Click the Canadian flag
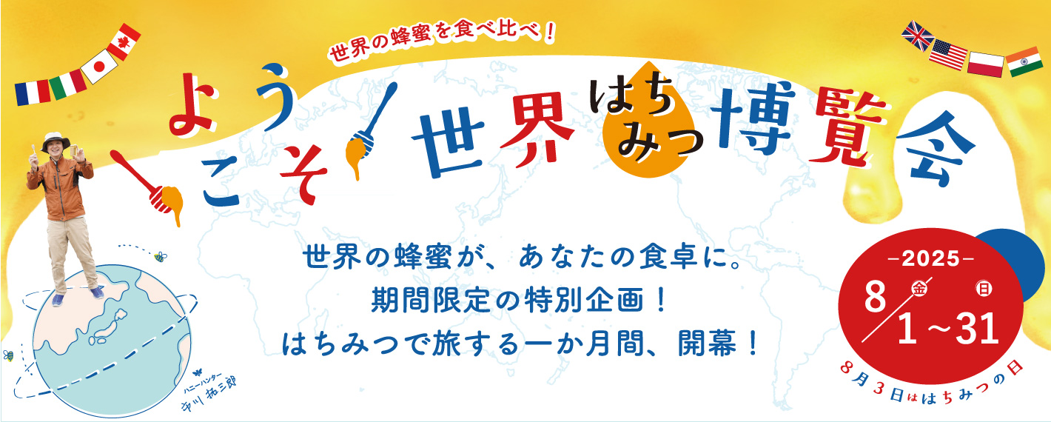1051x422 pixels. point(124,41)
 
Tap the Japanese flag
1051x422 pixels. point(98,67)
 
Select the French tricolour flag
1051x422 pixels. point(33,93)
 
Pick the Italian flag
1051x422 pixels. point(68,84)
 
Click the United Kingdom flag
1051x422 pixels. point(918,36)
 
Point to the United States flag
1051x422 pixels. point(948,55)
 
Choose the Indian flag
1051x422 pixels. point(1024,61)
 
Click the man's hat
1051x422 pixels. point(56,141)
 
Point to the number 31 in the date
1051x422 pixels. point(978,329)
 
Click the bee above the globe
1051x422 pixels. point(161,256)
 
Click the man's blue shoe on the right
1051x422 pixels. point(97,293)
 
